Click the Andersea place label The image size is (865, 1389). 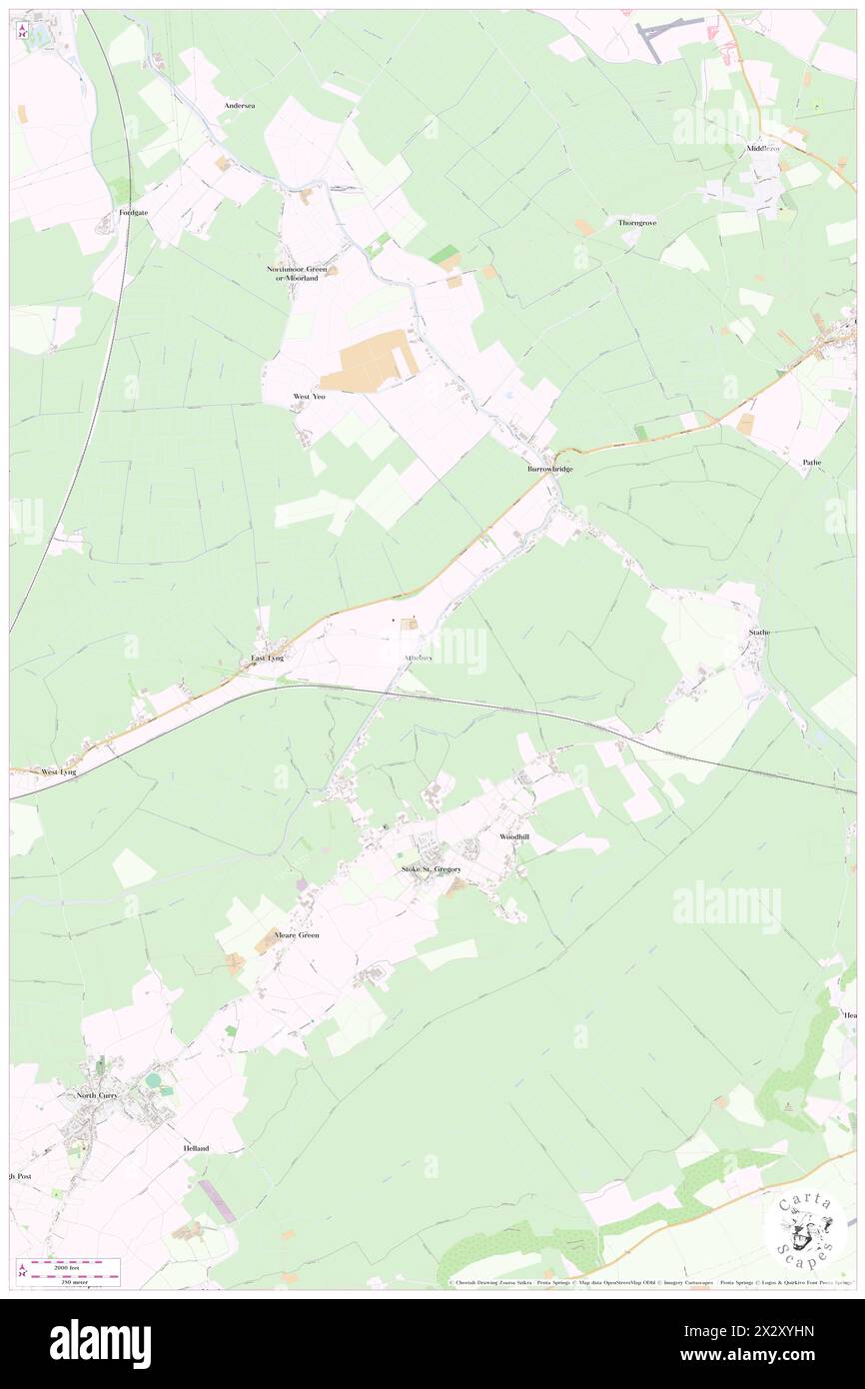(240, 105)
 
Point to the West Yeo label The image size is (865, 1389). (309, 397)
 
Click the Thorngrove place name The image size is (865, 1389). (637, 222)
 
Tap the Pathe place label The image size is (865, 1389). (811, 463)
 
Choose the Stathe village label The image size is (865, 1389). (760, 633)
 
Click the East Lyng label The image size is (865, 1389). (268, 658)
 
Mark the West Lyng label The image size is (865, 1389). (59, 772)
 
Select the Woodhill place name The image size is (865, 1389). (514, 836)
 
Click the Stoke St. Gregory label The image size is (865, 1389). (432, 869)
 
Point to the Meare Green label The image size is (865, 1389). (299, 935)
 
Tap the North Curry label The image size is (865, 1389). (98, 1096)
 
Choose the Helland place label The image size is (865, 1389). (196, 1149)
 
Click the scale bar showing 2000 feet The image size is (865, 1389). (73, 1265)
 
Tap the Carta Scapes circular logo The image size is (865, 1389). (805, 1230)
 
